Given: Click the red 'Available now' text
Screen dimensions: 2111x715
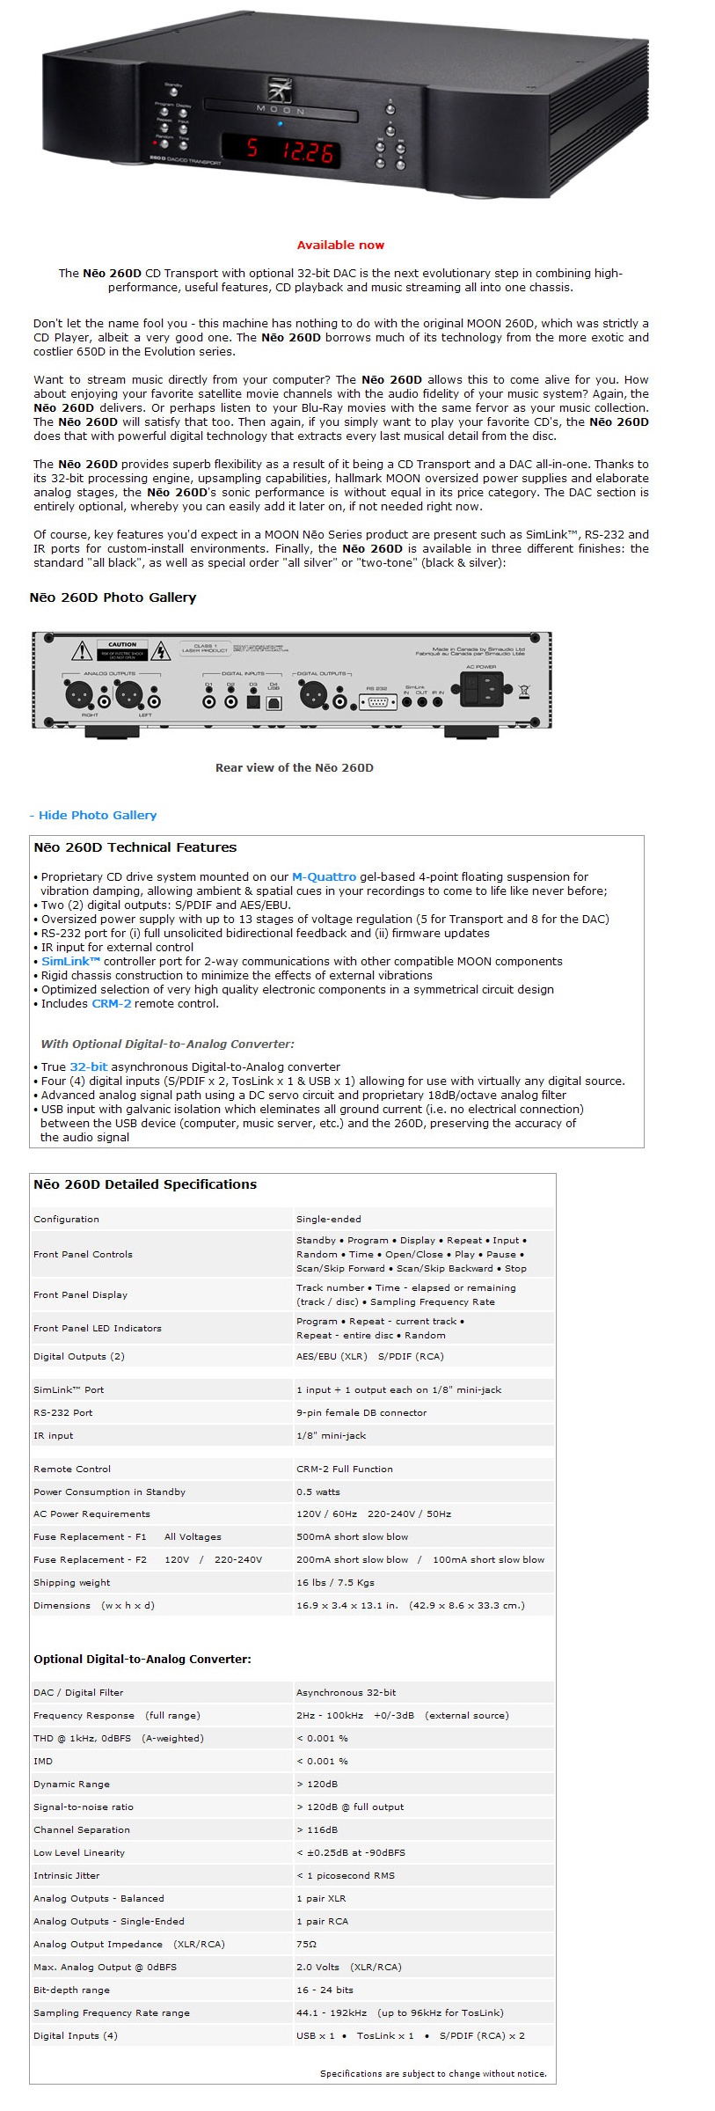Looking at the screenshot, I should pyautogui.click(x=340, y=246).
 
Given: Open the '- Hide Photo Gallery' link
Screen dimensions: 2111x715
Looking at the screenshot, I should pyautogui.click(x=93, y=815).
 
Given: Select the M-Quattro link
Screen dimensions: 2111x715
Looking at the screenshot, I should pyautogui.click(x=324, y=876).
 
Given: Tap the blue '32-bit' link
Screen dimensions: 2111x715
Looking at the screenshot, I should pyautogui.click(x=88, y=1066).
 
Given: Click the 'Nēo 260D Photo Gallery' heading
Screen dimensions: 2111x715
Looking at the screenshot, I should pyautogui.click(x=113, y=597).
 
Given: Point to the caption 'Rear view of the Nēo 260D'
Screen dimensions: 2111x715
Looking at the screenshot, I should pyautogui.click(x=294, y=767).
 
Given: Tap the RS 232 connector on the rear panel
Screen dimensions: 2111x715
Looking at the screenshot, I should pyautogui.click(x=376, y=701).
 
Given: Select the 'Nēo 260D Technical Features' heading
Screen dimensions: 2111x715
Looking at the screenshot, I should pyautogui.click(x=135, y=847).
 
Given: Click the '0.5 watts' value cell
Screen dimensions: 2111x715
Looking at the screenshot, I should pyautogui.click(x=318, y=1492).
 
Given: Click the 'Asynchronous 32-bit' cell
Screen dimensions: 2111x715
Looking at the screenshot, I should pyautogui.click(x=346, y=1692).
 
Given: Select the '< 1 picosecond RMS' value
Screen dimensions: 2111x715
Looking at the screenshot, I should pyautogui.click(x=346, y=1875).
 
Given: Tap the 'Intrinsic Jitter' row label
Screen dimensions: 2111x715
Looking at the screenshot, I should pyautogui.click(x=67, y=1875).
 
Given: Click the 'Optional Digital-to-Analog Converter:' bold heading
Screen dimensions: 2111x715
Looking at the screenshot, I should pyautogui.click(x=142, y=1659).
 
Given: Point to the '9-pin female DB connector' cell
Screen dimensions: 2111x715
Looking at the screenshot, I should pyautogui.click(x=361, y=1412).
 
